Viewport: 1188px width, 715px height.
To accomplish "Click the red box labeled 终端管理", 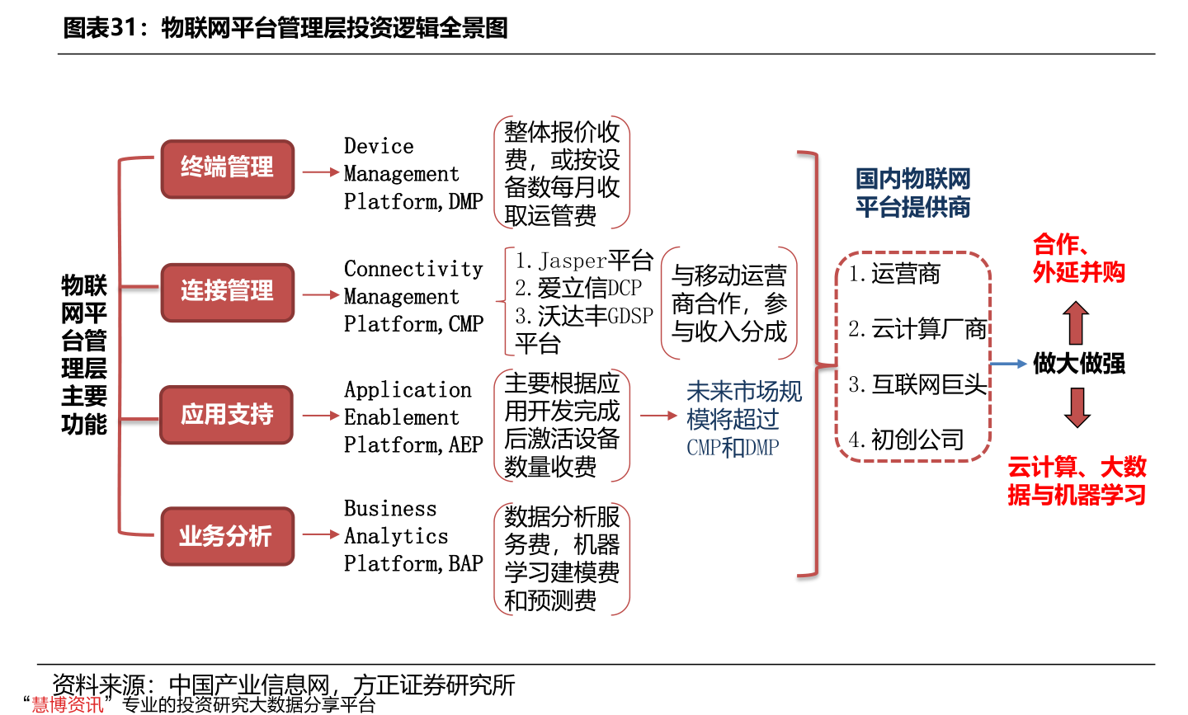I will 227,168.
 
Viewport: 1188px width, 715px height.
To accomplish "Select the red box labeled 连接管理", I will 227,292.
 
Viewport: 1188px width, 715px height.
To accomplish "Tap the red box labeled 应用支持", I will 227,415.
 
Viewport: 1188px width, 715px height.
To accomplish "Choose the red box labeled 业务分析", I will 227,537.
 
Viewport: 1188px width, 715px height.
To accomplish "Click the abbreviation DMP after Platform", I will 466,202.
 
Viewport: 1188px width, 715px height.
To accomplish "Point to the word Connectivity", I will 413,270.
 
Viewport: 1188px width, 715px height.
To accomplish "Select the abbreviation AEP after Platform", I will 466,445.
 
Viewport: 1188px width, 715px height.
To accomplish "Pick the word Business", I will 390,509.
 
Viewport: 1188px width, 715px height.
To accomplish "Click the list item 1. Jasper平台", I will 584,261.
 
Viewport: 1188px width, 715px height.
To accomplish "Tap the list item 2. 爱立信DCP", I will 578,289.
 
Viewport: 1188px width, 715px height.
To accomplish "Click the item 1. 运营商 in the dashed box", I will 895,275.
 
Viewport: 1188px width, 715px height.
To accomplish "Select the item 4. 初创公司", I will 907,440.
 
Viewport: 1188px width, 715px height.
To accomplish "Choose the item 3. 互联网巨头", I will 917,385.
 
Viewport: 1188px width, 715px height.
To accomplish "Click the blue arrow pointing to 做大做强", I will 1008,364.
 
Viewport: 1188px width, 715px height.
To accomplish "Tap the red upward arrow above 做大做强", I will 1076,322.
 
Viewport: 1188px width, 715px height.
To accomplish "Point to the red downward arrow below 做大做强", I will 1077,407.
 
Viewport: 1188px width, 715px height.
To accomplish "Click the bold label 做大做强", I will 1079,364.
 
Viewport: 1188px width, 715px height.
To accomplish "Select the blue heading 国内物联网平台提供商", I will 912,193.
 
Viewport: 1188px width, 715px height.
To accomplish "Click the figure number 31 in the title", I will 122,28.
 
